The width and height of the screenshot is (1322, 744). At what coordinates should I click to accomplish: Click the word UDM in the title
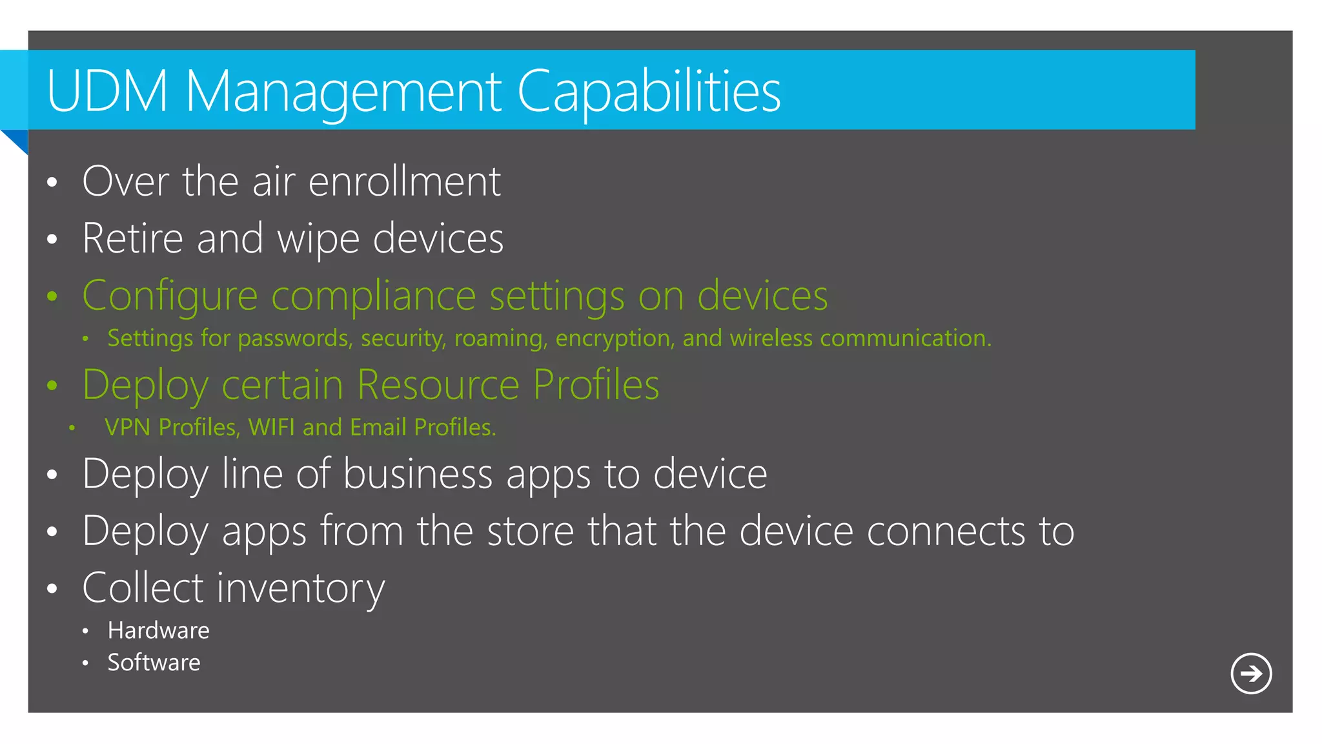[107, 91]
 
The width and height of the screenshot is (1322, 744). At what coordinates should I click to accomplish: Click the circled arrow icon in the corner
[1250, 674]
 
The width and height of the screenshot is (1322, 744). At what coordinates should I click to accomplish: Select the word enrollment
[405, 181]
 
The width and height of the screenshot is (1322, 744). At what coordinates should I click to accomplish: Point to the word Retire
[133, 238]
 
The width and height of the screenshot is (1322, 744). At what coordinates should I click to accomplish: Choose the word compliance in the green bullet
[374, 296]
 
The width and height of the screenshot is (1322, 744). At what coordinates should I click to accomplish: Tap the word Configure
[170, 296]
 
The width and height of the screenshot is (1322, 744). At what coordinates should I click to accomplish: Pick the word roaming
[501, 338]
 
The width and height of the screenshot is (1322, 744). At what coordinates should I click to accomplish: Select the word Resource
[438, 385]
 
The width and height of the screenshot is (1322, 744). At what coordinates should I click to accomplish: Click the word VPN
[127, 428]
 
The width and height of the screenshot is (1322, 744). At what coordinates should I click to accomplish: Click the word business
[418, 474]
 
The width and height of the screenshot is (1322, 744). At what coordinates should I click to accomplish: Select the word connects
[946, 532]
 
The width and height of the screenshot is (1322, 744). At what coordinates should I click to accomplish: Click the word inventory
[301, 589]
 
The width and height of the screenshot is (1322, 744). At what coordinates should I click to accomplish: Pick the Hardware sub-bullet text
[158, 630]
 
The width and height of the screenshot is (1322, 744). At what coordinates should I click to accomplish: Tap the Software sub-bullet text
[154, 663]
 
